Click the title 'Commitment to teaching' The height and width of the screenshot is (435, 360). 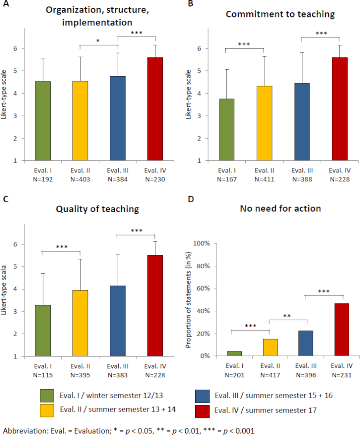click(x=280, y=14)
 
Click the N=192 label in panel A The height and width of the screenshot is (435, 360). click(x=31, y=178)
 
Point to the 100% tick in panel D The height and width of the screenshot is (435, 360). click(x=205, y=243)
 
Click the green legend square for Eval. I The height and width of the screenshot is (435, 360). click(x=47, y=396)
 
